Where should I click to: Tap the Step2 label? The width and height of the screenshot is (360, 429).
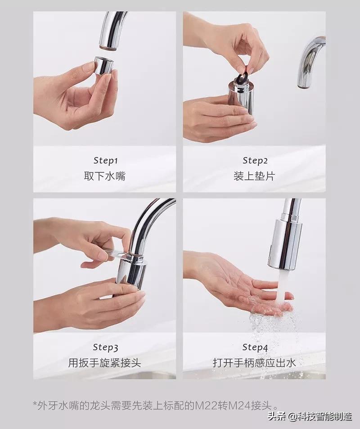[255, 160]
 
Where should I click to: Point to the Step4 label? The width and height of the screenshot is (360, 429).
[255, 347]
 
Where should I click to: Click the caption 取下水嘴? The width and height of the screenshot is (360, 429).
[105, 176]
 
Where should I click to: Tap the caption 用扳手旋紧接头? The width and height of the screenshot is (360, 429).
[105, 363]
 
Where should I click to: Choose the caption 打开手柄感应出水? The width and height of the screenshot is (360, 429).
[255, 363]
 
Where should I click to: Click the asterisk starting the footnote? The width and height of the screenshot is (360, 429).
[35, 404]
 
